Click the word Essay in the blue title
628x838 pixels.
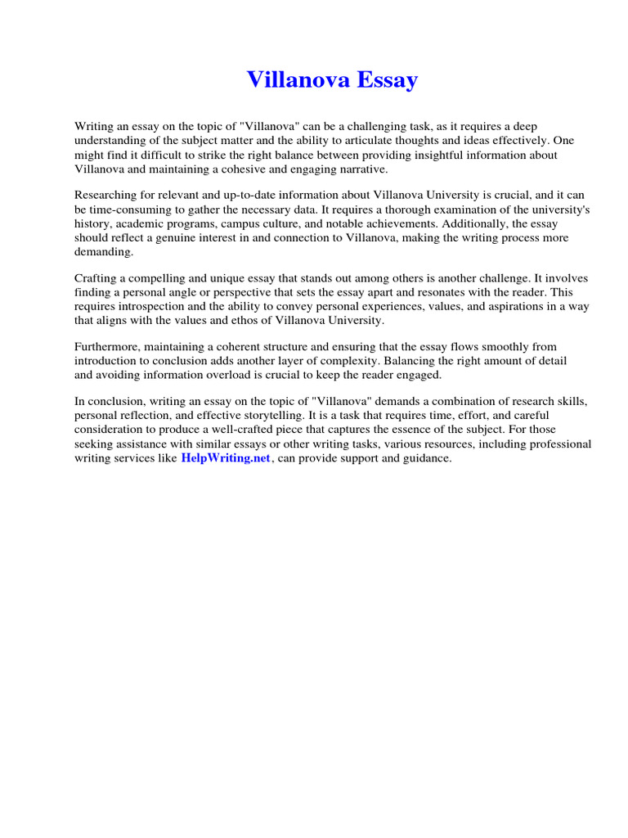click(x=386, y=80)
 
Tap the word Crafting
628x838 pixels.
click(x=96, y=278)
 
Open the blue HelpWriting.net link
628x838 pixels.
click(x=225, y=458)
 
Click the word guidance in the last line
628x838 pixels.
click(x=427, y=458)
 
